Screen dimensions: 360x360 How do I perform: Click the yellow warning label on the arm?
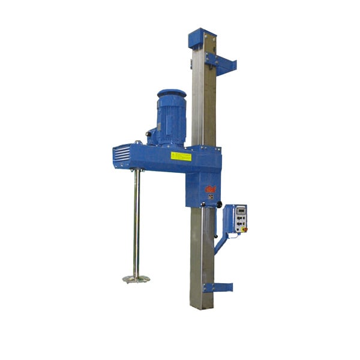[181, 156]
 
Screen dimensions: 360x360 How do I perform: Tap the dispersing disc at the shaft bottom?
[136, 278]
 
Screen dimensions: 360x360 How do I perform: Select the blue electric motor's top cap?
[172, 94]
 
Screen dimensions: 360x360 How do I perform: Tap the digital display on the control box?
[239, 210]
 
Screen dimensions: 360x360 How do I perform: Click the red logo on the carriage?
[211, 189]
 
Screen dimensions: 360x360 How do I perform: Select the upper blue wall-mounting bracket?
[220, 62]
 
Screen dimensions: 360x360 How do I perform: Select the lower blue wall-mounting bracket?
[218, 287]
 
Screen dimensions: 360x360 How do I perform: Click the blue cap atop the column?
[201, 38]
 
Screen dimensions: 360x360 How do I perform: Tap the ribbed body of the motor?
[172, 120]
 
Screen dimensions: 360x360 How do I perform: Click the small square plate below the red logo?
[211, 197]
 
